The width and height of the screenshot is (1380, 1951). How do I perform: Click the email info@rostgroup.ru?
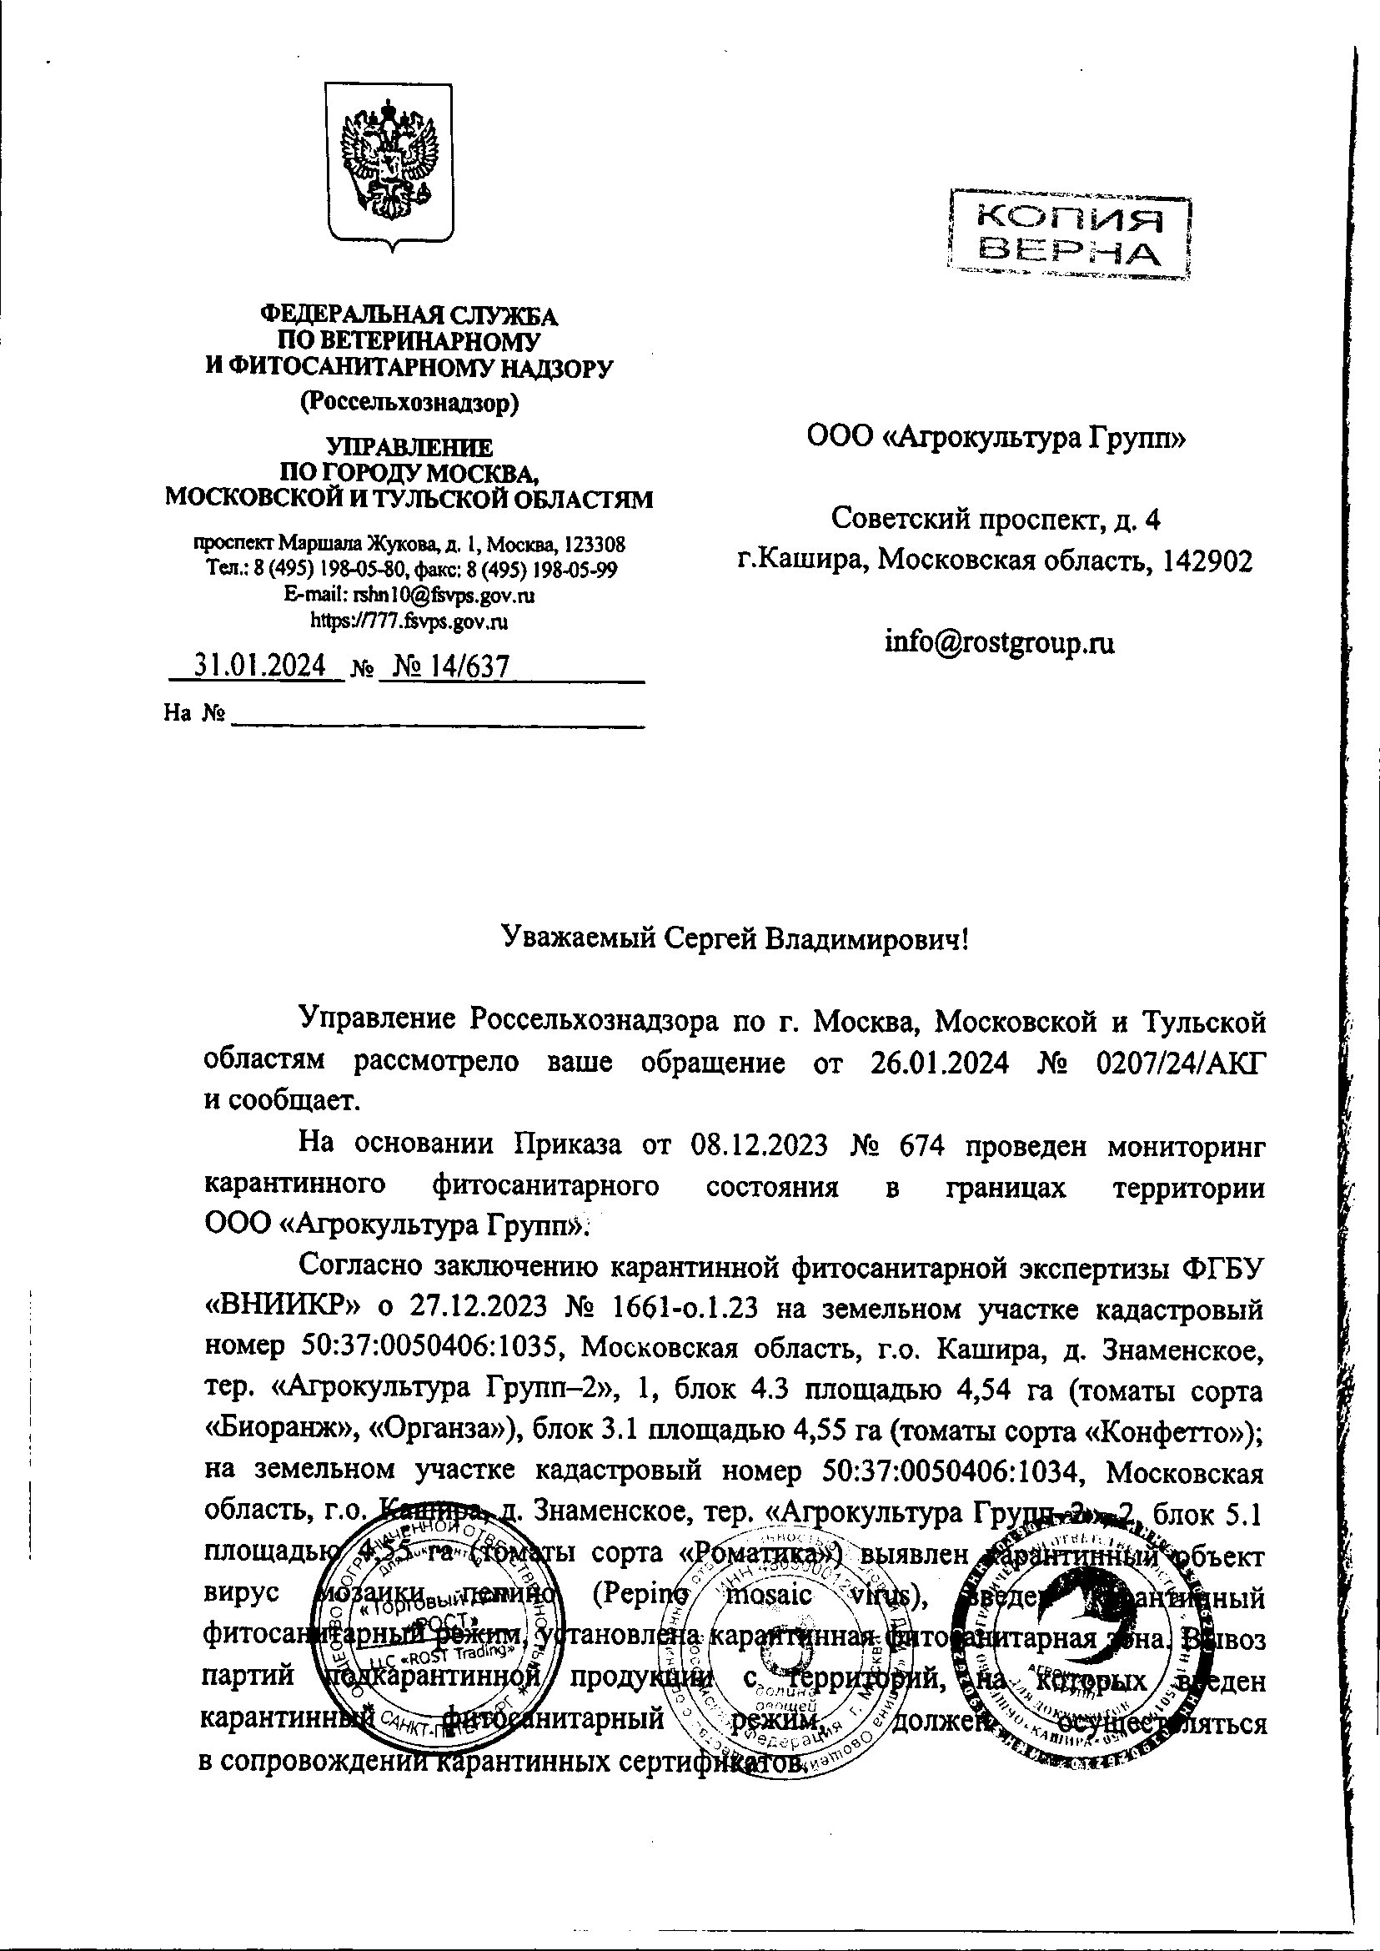998,641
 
